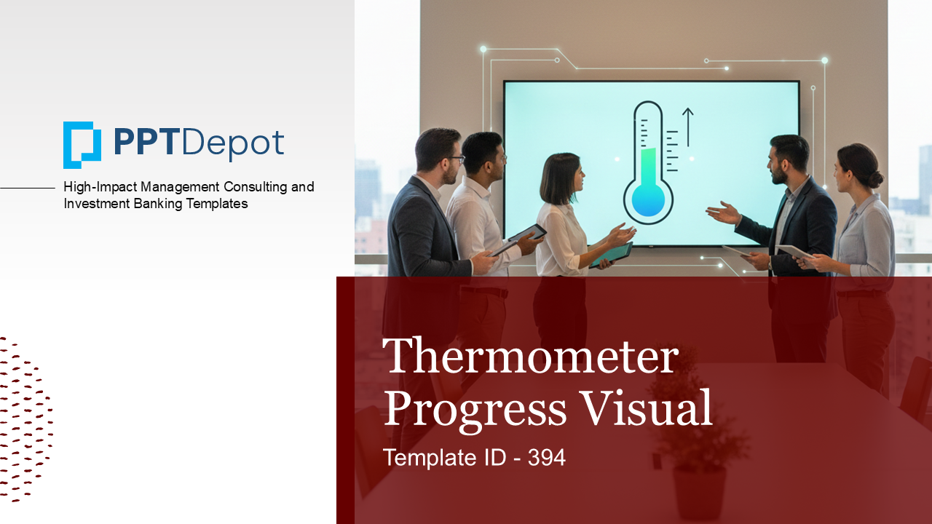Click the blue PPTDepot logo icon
[82, 145]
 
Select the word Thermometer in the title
[530, 356]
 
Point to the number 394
[547, 458]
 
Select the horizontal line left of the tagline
[28, 188]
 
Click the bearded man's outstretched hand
[721, 213]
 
